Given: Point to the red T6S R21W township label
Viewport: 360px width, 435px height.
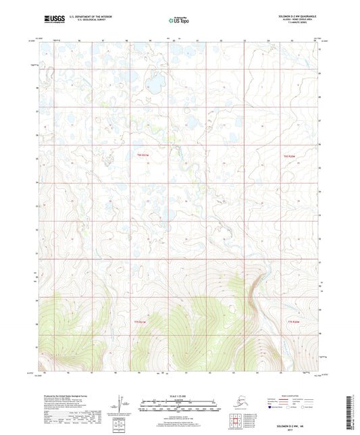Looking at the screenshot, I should pyautogui.click(x=142, y=155).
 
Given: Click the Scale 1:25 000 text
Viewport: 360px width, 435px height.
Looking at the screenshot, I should pyautogui.click(x=180, y=396).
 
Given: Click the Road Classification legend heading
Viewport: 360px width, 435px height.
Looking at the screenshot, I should pyautogui.click(x=303, y=395).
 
